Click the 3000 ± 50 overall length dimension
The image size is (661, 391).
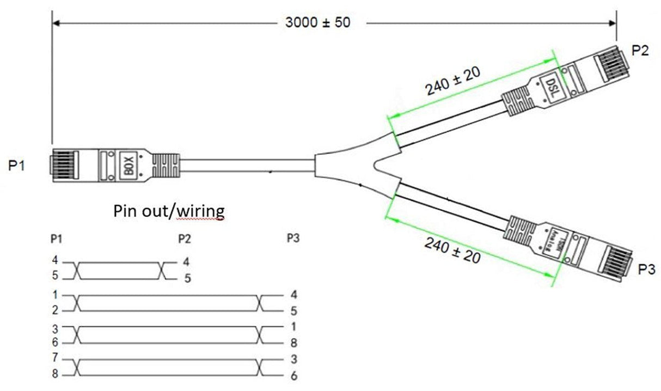tap(319, 23)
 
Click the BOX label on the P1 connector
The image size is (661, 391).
tap(129, 163)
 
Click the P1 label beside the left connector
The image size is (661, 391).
tap(16, 166)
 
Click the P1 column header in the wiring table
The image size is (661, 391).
tap(56, 238)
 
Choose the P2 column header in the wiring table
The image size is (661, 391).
tap(185, 238)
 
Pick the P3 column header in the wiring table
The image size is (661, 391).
tap(292, 238)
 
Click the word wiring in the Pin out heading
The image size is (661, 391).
tap(201, 211)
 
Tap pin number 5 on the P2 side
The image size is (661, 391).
tap(187, 278)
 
